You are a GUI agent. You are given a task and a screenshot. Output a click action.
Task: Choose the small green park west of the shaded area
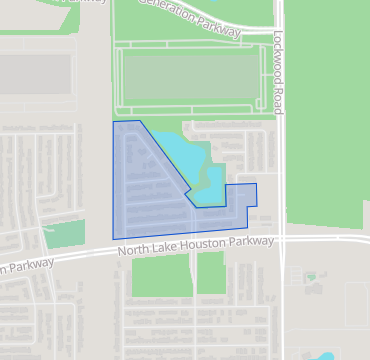coord(64,234)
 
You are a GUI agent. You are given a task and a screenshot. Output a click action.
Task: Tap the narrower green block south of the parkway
coord(210,272)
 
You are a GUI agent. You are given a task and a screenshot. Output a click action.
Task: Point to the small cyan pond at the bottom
coord(327,355)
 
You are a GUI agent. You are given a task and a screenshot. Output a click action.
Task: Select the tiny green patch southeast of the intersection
coord(312,277)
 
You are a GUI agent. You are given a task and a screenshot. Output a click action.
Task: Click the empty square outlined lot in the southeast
coord(356,304)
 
